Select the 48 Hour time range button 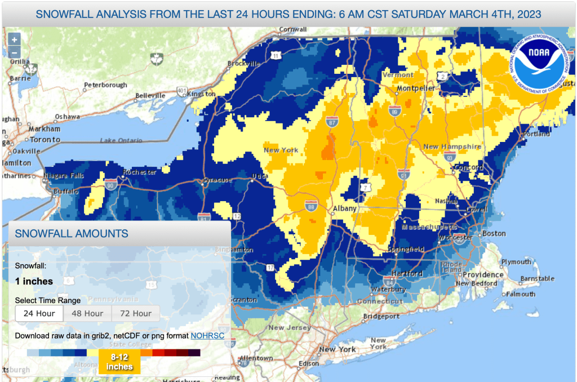click(x=87, y=313)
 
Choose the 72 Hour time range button click(x=136, y=313)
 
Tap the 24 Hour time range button click(x=39, y=313)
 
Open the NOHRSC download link click(x=207, y=336)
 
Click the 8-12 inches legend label click(x=119, y=361)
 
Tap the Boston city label click(x=494, y=233)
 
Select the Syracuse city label click(x=217, y=180)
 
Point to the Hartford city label click(x=408, y=273)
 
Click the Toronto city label click(x=45, y=139)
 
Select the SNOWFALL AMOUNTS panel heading click(x=72, y=233)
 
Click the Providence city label click(x=483, y=274)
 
